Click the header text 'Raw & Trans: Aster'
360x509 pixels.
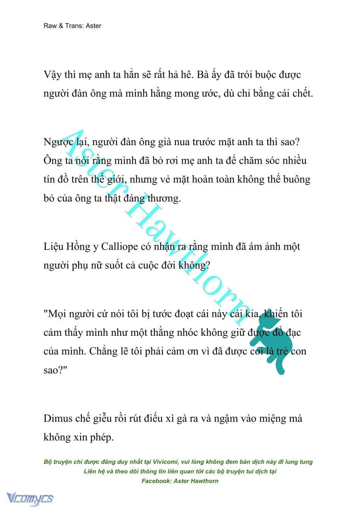(x=72, y=26)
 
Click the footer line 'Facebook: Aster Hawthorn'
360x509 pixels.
(x=180, y=481)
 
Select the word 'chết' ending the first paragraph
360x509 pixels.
(x=302, y=93)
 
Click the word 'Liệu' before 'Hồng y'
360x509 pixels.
(x=53, y=246)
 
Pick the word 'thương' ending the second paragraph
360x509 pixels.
(x=164, y=198)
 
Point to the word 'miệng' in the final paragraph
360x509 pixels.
(x=266, y=418)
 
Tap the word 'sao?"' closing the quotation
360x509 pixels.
(x=55, y=370)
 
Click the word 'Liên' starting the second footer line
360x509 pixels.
(x=91, y=471)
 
